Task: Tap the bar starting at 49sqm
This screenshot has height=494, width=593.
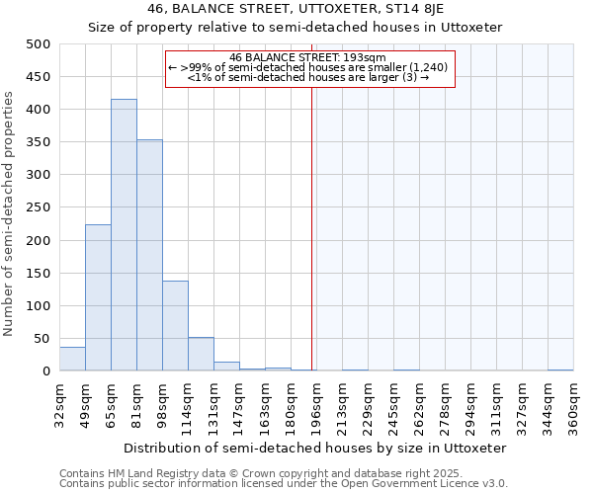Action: [x=98, y=297]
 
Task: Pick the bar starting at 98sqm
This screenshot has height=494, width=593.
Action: [x=175, y=326]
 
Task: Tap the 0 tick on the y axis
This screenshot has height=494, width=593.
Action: [x=45, y=371]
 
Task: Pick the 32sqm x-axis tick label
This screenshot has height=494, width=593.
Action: [x=60, y=405]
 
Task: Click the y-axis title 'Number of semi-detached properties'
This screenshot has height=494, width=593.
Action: [x=10, y=213]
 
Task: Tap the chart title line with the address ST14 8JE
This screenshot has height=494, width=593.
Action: [x=296, y=8]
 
